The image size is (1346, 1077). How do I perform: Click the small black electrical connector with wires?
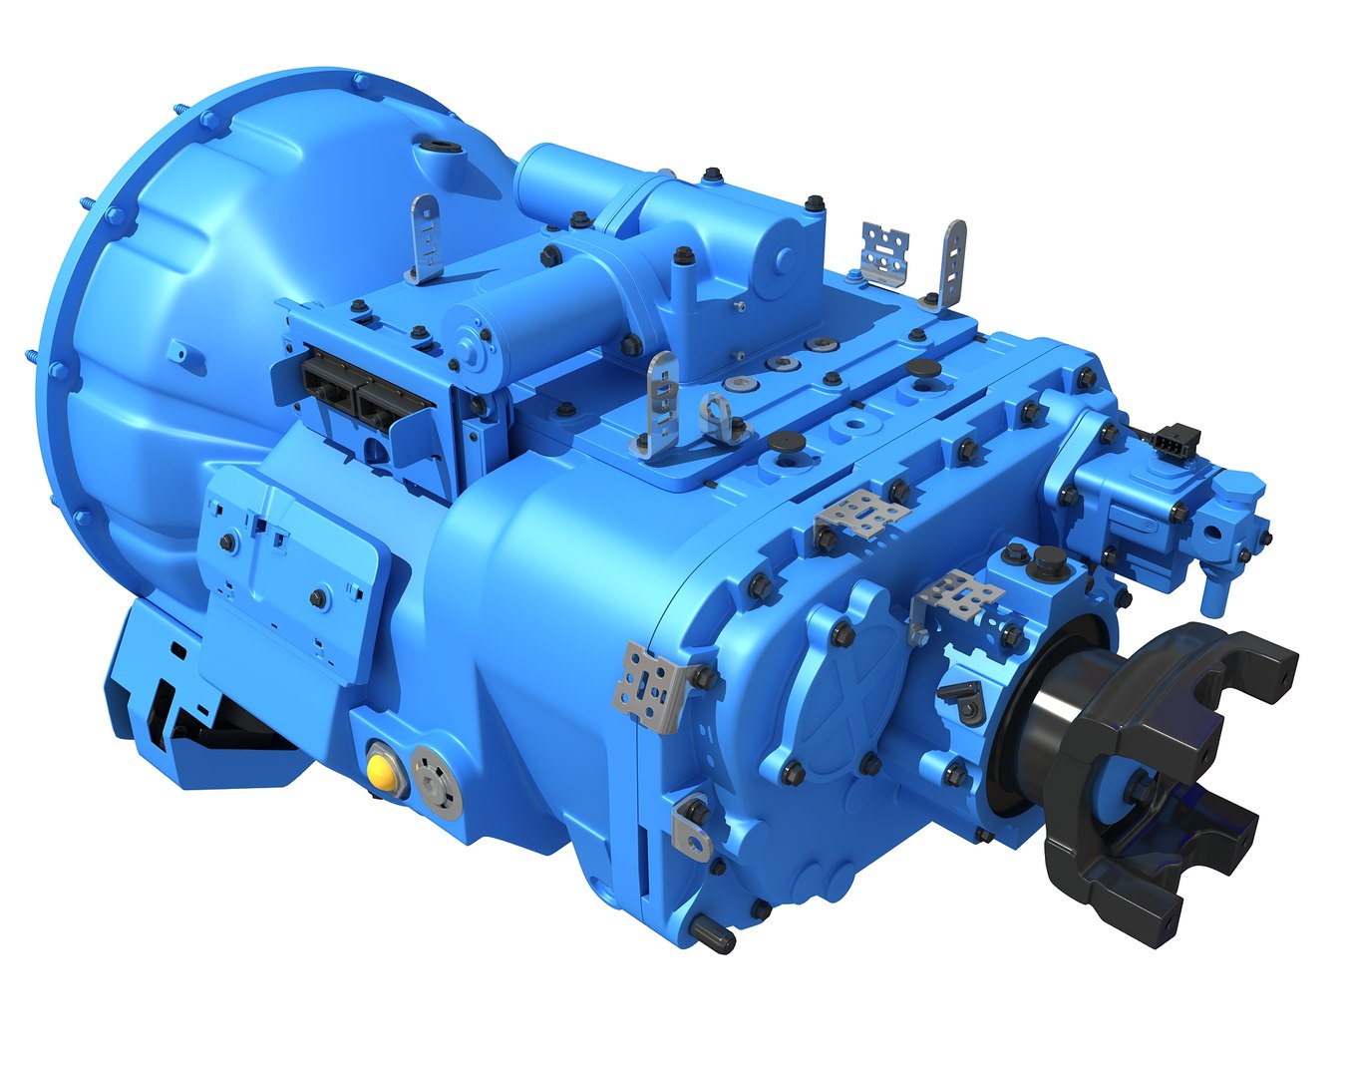1177,439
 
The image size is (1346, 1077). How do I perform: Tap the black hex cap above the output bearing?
1045,560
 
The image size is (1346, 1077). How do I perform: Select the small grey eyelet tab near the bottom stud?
692,828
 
